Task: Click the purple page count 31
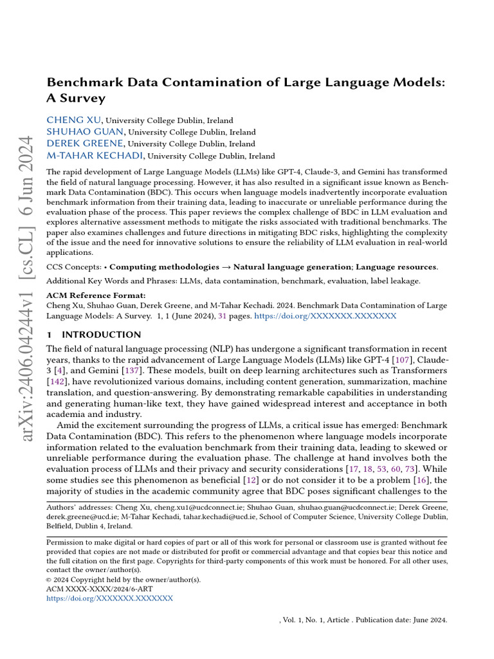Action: point(223,317)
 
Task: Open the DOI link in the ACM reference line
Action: point(325,317)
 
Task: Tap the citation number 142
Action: point(59,381)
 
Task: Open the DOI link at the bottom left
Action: point(110,599)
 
